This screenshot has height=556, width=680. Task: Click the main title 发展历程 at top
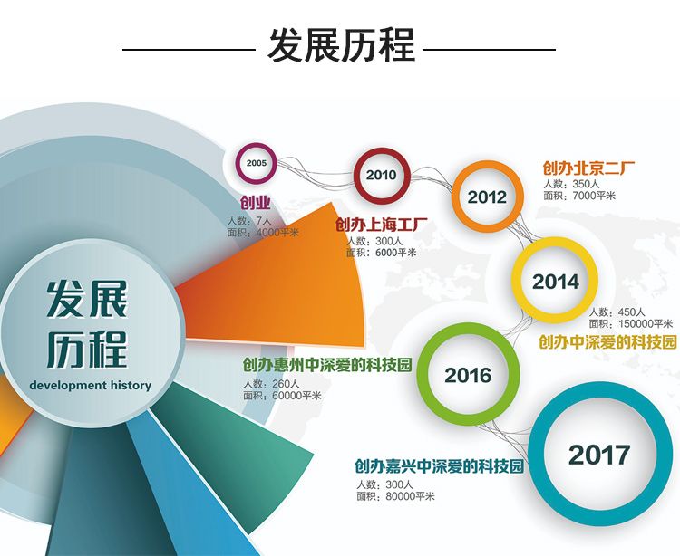click(x=341, y=45)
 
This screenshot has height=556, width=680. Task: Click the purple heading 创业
click(x=256, y=203)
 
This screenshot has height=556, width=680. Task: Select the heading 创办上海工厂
click(x=382, y=225)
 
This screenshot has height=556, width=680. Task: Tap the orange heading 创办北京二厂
click(x=588, y=168)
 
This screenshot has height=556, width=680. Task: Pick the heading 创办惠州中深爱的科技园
click(x=327, y=365)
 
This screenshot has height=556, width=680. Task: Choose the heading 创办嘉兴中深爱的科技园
click(x=440, y=466)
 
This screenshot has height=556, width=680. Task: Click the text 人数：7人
click(x=249, y=221)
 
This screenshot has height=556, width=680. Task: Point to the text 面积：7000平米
click(x=579, y=196)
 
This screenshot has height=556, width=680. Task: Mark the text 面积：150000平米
click(x=631, y=324)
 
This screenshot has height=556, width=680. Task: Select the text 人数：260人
click(x=271, y=384)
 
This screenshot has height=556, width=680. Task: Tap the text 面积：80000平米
click(x=395, y=496)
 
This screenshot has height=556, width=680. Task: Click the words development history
click(x=91, y=386)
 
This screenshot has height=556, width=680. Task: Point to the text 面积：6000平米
click(x=382, y=253)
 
